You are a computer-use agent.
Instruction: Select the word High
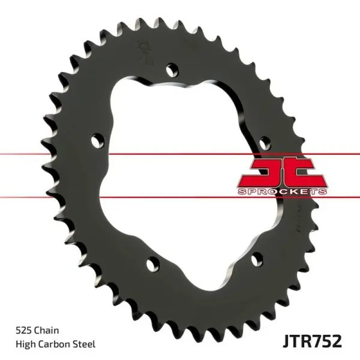point(25,344)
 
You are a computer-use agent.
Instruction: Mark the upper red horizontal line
point(180,155)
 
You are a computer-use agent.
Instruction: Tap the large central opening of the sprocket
point(180,174)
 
